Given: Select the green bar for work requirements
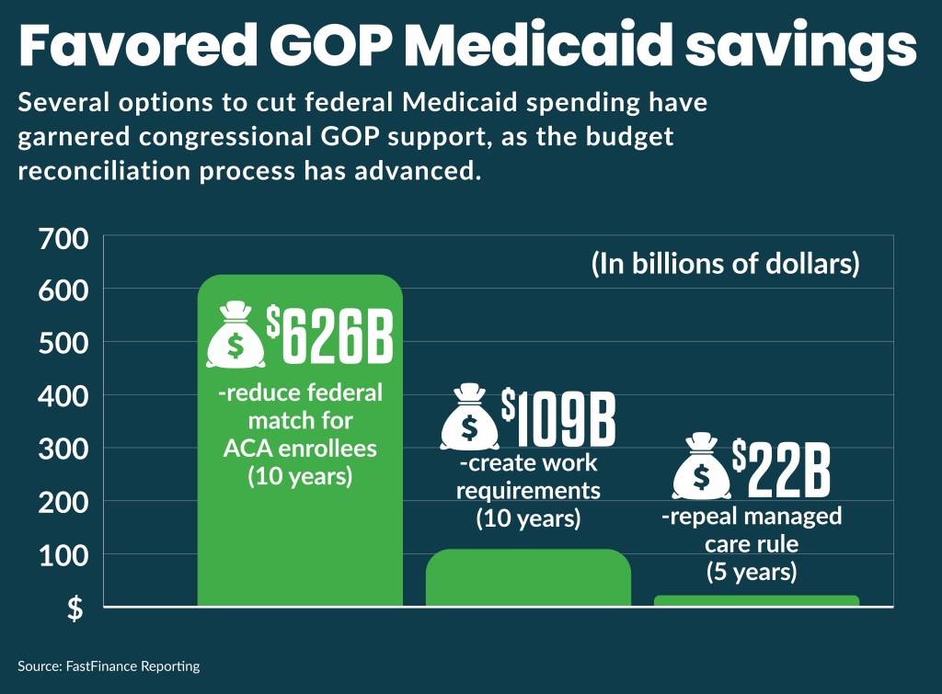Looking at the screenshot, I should (528, 578).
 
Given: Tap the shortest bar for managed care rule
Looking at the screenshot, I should (756, 600).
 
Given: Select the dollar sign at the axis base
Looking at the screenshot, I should (75, 609).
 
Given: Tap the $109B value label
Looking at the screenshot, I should (557, 418).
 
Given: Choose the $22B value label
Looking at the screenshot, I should (781, 468).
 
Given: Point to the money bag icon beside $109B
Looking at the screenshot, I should (469, 418).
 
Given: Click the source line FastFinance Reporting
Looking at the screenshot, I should (109, 665).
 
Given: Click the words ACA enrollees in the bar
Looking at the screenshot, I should (300, 450).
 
